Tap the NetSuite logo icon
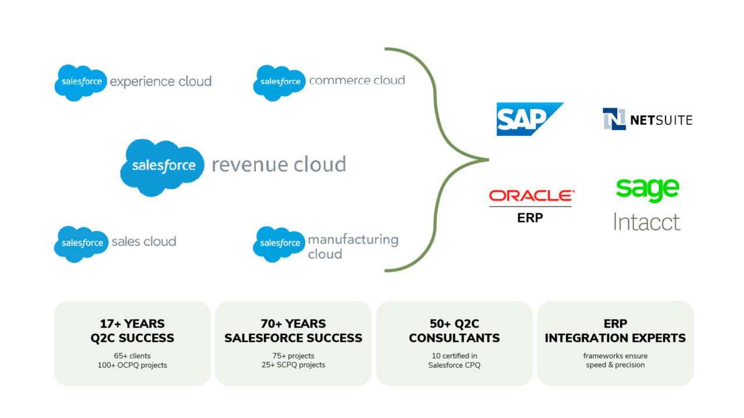[x=614, y=119]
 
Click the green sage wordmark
[x=647, y=189]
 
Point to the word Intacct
[x=647, y=222]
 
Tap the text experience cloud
[x=160, y=81]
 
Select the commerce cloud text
[x=357, y=81]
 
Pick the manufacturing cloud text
[x=353, y=246]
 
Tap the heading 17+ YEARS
[x=132, y=323]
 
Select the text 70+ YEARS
[x=293, y=323]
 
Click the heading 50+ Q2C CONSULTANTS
[x=454, y=330]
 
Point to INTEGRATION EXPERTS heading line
[x=615, y=338]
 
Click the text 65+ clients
[x=132, y=355]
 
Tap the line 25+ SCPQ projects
[x=293, y=365]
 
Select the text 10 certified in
[x=454, y=355]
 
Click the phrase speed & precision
[x=615, y=365]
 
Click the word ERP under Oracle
[x=530, y=218]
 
